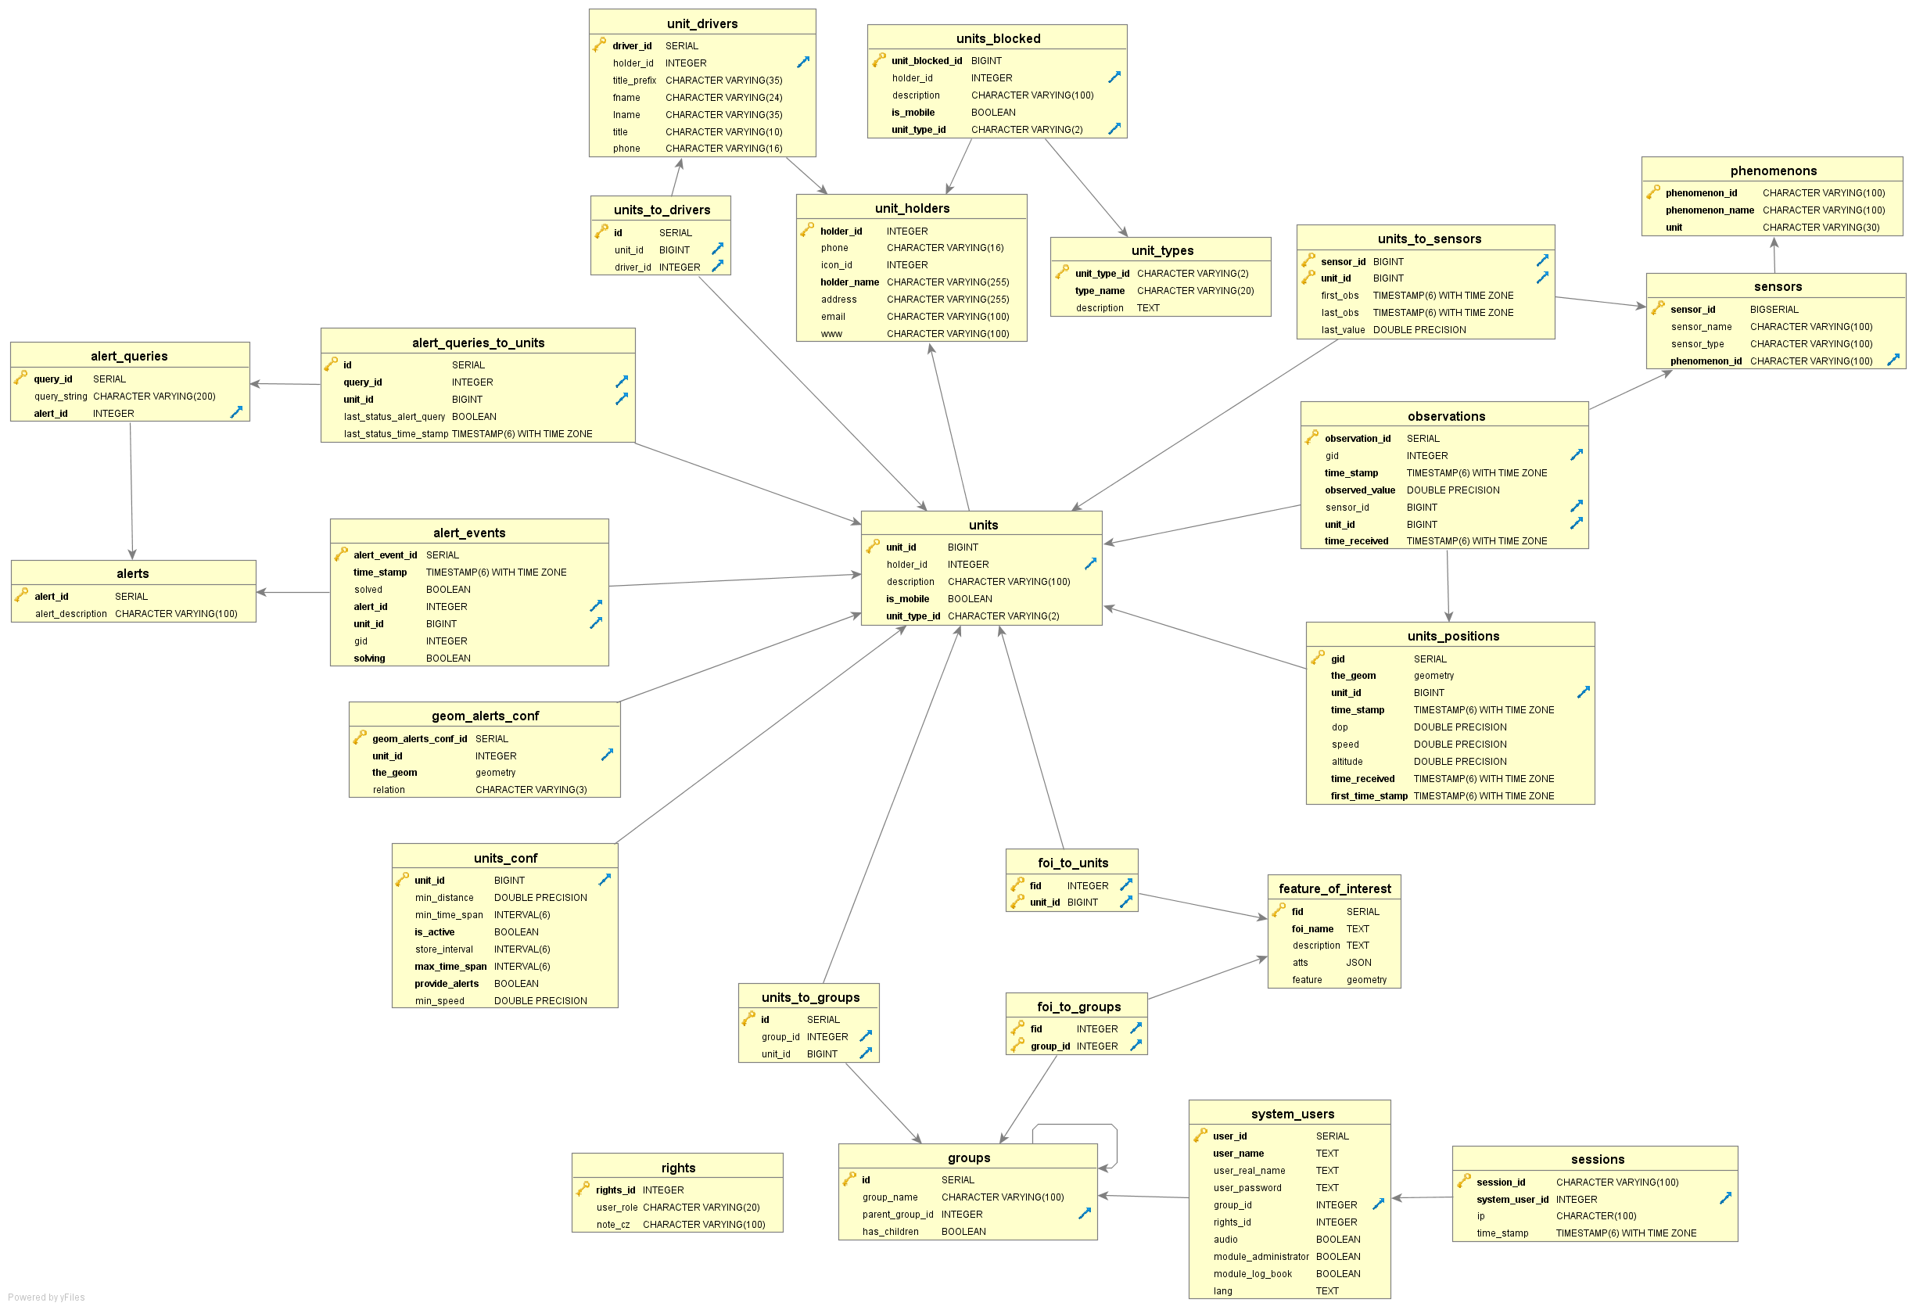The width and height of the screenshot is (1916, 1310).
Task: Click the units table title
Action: (983, 524)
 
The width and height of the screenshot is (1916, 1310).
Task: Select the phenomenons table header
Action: (1773, 170)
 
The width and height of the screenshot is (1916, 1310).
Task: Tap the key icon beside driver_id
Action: (599, 45)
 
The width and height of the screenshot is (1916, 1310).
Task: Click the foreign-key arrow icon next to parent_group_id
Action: (1084, 1214)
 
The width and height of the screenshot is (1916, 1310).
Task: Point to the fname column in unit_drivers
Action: (626, 97)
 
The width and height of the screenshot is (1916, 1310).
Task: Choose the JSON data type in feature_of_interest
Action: (1358, 962)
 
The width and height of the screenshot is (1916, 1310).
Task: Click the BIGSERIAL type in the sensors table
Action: (1774, 309)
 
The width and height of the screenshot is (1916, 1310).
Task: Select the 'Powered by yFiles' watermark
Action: (46, 1297)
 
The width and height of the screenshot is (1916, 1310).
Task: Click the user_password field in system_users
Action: (1247, 1188)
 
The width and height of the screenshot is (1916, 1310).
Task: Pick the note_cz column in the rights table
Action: (612, 1224)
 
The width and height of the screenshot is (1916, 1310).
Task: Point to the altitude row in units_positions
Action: (1347, 762)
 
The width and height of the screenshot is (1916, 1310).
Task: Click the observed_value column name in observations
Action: (1359, 490)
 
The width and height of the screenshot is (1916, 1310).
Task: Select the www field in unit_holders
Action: (831, 334)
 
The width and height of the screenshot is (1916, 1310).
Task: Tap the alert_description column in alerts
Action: (71, 613)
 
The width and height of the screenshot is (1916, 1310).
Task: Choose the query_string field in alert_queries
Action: (60, 397)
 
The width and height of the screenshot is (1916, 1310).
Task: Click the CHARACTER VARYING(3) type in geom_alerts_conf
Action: (531, 790)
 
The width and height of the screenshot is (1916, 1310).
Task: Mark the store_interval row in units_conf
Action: (443, 949)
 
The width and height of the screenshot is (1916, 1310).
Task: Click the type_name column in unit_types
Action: (1099, 291)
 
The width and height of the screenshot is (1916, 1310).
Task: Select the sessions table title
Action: (1597, 1159)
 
